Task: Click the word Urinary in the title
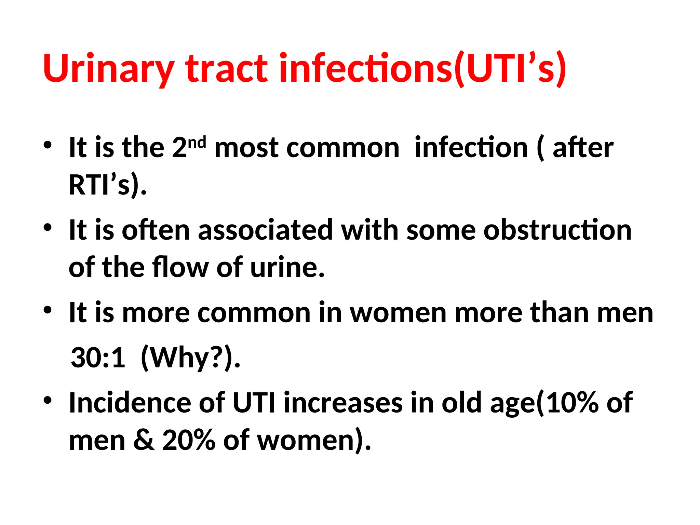[x=109, y=69]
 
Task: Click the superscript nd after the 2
[x=197, y=142]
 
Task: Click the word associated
[x=265, y=230]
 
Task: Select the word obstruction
[x=557, y=230]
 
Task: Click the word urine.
[x=287, y=268]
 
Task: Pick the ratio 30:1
[x=98, y=358]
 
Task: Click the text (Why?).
[x=190, y=358]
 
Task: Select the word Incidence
[x=130, y=403]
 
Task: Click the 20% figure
[x=189, y=440]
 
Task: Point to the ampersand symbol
[x=144, y=440]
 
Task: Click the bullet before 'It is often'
[x=48, y=227]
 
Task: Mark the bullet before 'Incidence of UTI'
[x=48, y=400]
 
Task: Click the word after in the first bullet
[x=583, y=148]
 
